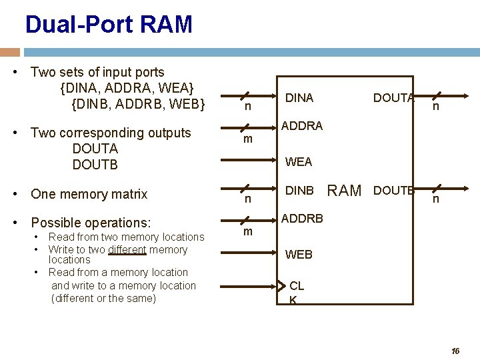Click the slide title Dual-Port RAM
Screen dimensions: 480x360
click(x=109, y=24)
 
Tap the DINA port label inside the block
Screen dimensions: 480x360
click(x=299, y=98)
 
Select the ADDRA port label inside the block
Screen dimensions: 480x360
click(x=302, y=126)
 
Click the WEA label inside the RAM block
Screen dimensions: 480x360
click(x=299, y=161)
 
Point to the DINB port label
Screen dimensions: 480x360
click(x=299, y=191)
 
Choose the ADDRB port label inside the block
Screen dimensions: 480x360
click(x=302, y=219)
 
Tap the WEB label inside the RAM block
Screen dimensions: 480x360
click(x=299, y=255)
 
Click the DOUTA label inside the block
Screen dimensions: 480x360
click(x=394, y=98)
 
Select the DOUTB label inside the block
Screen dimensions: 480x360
click(x=394, y=191)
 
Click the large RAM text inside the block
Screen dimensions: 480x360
click(x=345, y=191)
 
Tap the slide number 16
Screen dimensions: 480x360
click(x=455, y=351)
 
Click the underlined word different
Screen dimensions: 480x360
click(x=127, y=250)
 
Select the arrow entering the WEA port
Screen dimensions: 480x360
click(x=249, y=160)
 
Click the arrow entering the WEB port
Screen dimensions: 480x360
click(x=249, y=253)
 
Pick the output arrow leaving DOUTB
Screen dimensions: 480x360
click(x=441, y=189)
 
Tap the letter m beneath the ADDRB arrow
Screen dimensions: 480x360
click(x=248, y=232)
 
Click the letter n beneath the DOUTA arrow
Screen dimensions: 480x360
click(x=436, y=107)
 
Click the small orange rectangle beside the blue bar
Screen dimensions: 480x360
click(x=10, y=53)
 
